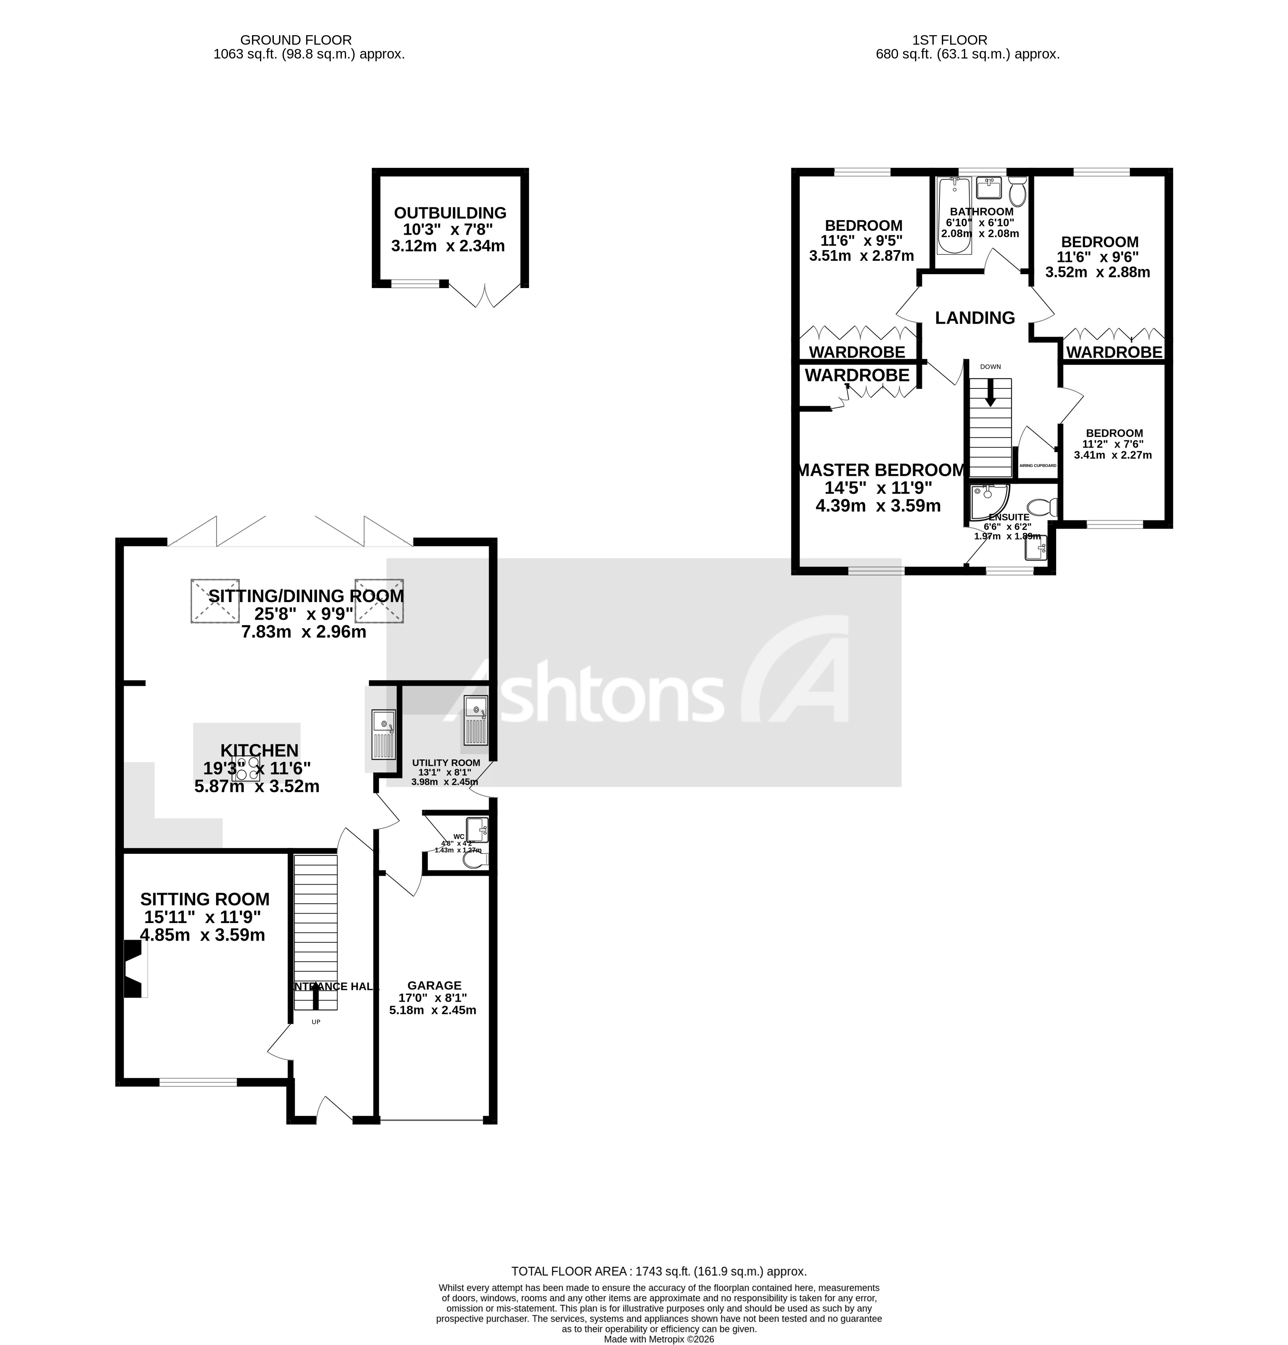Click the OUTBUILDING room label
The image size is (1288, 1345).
click(450, 213)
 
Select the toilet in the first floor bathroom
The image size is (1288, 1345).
click(1016, 192)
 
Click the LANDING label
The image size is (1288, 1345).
click(974, 318)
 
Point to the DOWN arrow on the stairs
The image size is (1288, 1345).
click(989, 393)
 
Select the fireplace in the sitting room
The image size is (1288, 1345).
click(134, 968)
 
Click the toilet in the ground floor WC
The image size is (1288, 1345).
click(475, 859)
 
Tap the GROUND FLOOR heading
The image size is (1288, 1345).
click(296, 40)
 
